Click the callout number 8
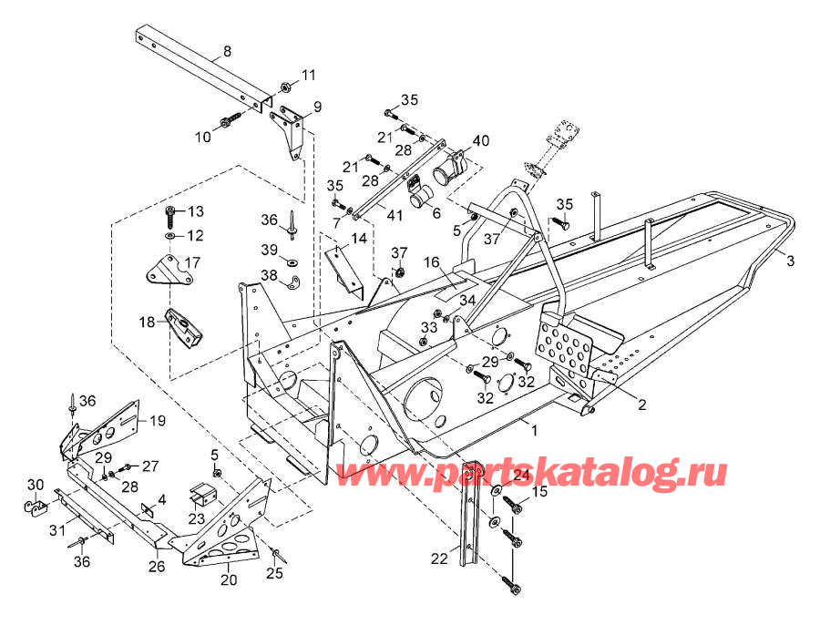click(x=227, y=51)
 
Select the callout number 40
click(x=480, y=140)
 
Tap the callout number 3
click(x=790, y=261)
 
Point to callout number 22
click(x=439, y=559)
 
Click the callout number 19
click(x=158, y=421)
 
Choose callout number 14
click(x=359, y=239)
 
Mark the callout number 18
click(x=147, y=322)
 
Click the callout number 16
click(x=432, y=261)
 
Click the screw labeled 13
click(x=171, y=214)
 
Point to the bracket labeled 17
click(x=163, y=270)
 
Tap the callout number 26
click(x=157, y=566)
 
